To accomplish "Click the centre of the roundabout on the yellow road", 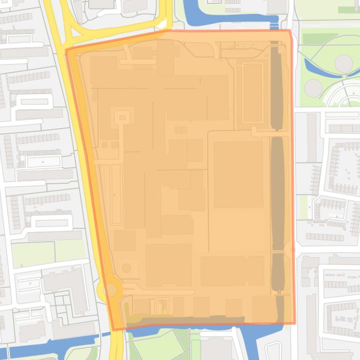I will tap(110, 289).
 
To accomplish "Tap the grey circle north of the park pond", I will tap(343, 63).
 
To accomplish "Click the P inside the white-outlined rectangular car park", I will tap(43, 162).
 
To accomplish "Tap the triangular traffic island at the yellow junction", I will tap(162, 24).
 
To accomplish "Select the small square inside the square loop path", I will tap(122, 117).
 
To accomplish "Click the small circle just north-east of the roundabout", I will tap(126, 268).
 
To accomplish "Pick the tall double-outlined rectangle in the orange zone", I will tap(252, 92).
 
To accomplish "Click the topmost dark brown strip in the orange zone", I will tap(277, 86).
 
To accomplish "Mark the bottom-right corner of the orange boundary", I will tap(295, 323).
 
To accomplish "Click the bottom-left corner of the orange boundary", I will tap(113, 330).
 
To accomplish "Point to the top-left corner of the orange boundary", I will tap(66, 50).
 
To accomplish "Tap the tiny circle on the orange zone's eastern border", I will tap(293, 250).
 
